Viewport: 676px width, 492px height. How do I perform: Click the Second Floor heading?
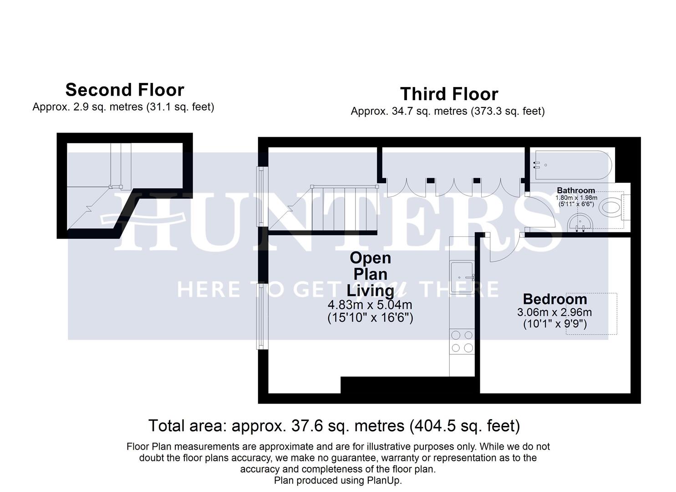point(125,90)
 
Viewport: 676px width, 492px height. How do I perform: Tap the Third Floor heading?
point(449,94)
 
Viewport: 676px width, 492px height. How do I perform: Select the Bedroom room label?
point(554,299)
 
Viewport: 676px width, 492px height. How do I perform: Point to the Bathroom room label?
point(576,190)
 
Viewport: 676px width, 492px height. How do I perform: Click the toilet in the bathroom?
point(610,208)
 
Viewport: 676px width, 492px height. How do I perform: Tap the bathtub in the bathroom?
point(572,165)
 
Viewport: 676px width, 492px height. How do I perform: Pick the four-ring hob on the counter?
point(462,342)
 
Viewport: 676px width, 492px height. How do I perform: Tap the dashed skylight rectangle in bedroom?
point(591,313)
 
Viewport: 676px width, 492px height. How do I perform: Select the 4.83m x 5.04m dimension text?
point(370,305)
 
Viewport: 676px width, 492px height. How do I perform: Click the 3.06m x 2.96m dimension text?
point(554,313)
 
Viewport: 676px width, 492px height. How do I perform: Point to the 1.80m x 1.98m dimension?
point(576,198)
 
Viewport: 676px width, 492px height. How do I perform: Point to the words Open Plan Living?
point(370,274)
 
